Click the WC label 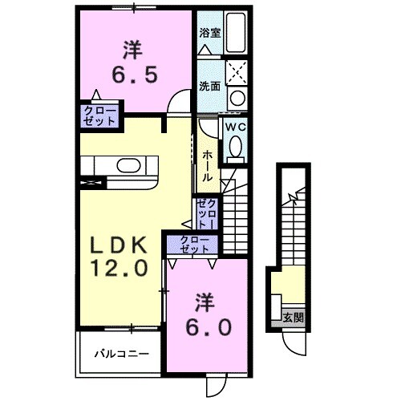coord(235,127)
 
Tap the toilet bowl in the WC coord(236,146)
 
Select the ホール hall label coord(207,165)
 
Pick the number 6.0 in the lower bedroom coord(211,327)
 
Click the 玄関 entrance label coord(294,317)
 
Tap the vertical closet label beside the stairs coord(206,213)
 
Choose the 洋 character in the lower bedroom coord(205,302)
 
